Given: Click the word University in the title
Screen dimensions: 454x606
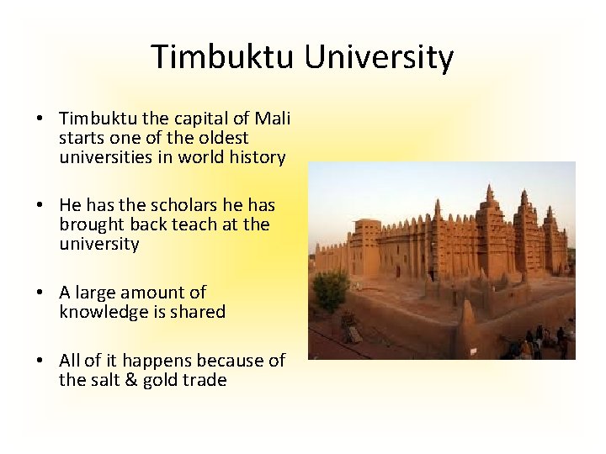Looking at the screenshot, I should pyautogui.click(x=379, y=57).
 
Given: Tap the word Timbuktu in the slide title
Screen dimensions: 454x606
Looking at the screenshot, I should pyautogui.click(x=223, y=57).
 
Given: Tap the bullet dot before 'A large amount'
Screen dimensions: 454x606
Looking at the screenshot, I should pyautogui.click(x=42, y=293).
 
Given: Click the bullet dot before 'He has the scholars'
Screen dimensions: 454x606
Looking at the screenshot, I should pyautogui.click(x=42, y=205).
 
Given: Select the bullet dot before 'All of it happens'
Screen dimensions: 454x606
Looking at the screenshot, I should pyautogui.click(x=42, y=361).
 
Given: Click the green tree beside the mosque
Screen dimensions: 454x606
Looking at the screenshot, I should pyautogui.click(x=331, y=289).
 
